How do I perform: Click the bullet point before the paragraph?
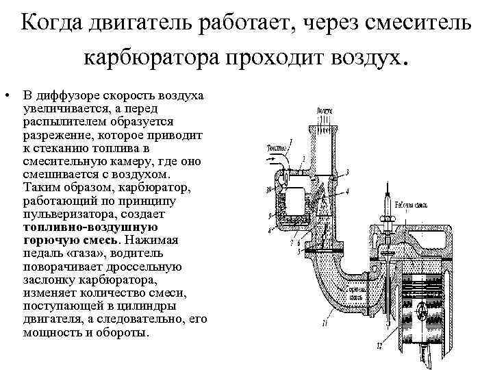pyautogui.click(x=5, y=94)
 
